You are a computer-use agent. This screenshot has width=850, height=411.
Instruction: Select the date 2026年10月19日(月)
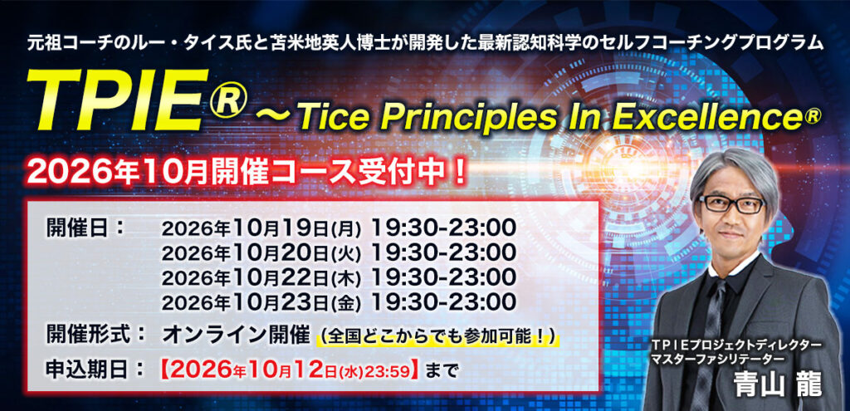(x=261, y=229)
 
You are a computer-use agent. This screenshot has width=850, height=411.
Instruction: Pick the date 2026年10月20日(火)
(x=261, y=252)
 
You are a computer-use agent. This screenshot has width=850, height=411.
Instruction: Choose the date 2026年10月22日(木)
(x=261, y=276)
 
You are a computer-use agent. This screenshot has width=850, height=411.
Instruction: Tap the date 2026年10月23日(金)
(x=261, y=301)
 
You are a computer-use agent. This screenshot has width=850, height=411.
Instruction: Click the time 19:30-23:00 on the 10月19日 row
(x=443, y=228)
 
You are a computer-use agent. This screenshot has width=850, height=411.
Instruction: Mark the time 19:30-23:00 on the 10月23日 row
(x=443, y=301)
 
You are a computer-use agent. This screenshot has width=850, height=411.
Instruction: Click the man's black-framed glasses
(x=732, y=204)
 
